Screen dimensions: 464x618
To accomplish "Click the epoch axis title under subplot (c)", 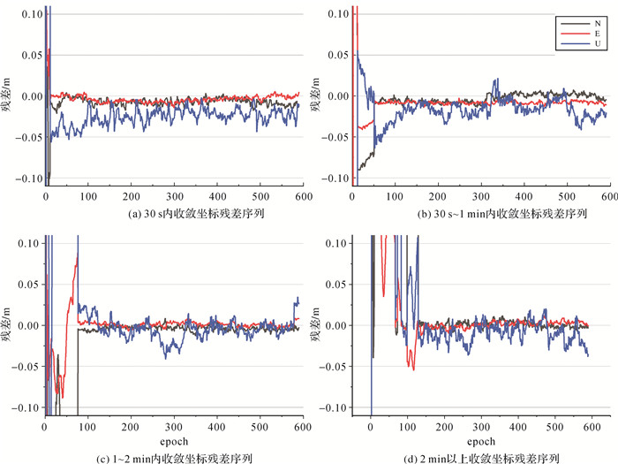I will pyautogui.click(x=173, y=440).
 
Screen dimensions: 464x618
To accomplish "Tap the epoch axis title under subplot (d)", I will pyautogui.click(x=479, y=440).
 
